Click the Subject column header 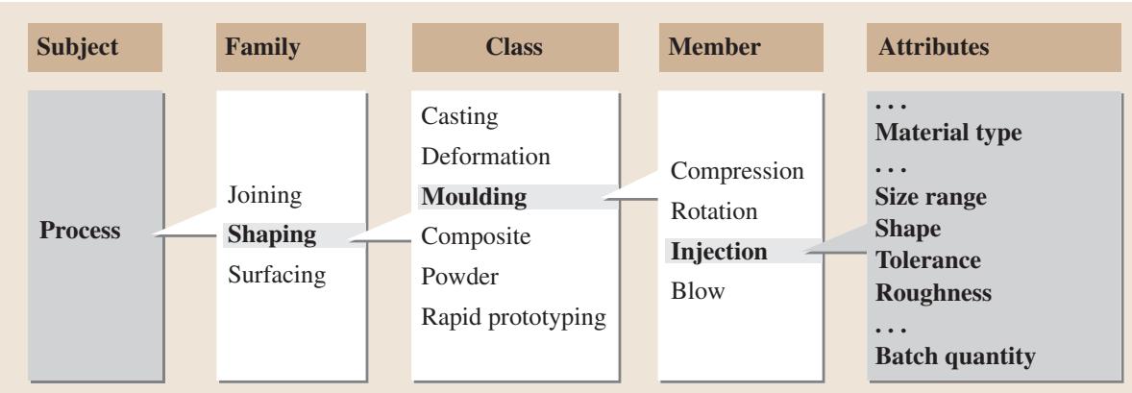(x=94, y=48)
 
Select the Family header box (x=291, y=48)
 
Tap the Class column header (x=515, y=48)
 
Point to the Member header (x=741, y=48)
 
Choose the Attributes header (x=994, y=48)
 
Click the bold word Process (x=80, y=231)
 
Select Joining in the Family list (x=264, y=195)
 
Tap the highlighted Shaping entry (x=272, y=235)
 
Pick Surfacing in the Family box (x=277, y=275)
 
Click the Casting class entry (x=459, y=116)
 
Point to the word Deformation (x=485, y=156)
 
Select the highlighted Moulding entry (x=474, y=196)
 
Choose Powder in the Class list (x=459, y=277)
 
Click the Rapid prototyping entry (x=513, y=317)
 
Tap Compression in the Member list (x=737, y=171)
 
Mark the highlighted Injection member (x=719, y=252)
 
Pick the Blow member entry (x=698, y=291)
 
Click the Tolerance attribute (x=927, y=260)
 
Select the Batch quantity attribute (x=955, y=356)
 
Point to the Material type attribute (x=947, y=133)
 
